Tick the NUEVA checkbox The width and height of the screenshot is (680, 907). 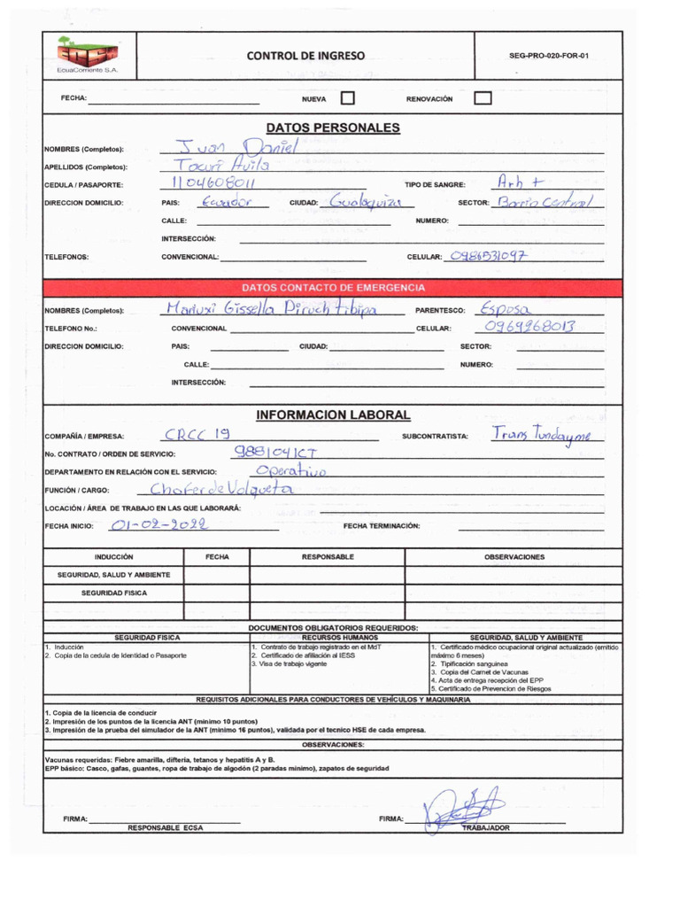click(348, 99)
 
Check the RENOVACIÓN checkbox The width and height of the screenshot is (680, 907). click(483, 99)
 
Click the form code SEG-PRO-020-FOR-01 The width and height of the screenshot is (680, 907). click(549, 56)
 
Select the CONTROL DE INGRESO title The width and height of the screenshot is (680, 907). click(305, 56)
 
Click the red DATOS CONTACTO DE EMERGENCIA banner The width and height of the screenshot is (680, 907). click(333, 288)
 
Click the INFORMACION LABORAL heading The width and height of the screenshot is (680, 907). click(333, 415)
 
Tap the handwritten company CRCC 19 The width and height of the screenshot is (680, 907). click(197, 434)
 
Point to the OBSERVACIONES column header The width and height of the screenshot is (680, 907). click(514, 557)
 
